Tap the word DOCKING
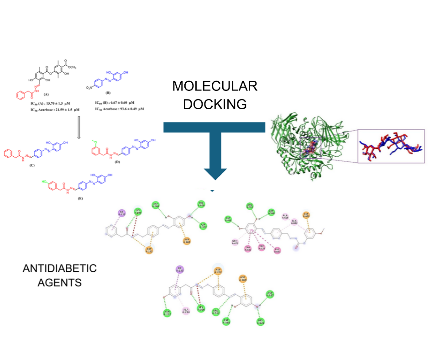(x=214, y=104)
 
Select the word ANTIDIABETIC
(x=60, y=268)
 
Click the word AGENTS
(x=52, y=283)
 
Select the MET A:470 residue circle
(x=235, y=242)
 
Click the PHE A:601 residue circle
(x=277, y=249)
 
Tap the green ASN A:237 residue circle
(x=167, y=313)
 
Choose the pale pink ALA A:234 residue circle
(x=185, y=311)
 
